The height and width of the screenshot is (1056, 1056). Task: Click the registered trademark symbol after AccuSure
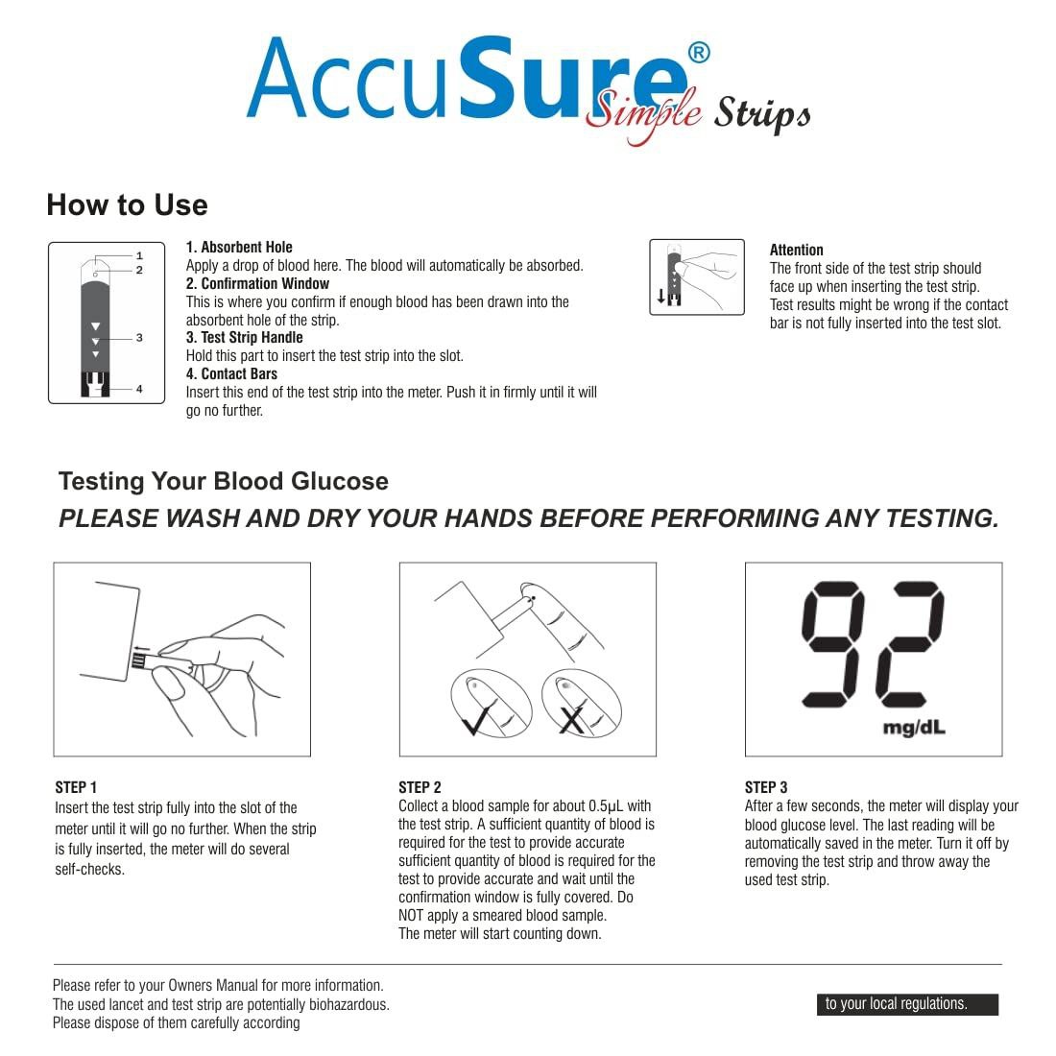click(x=699, y=53)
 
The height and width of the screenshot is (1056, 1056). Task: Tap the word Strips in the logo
click(x=761, y=114)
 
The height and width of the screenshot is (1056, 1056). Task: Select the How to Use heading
click(x=127, y=204)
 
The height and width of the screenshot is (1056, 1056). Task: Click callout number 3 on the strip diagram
click(x=139, y=338)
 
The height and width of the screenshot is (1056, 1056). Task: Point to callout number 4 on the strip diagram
click(x=139, y=389)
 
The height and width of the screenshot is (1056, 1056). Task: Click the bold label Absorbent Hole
click(x=239, y=247)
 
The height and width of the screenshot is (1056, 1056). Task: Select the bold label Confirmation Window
click(x=257, y=283)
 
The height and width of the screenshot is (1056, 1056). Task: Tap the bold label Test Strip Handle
click(x=244, y=337)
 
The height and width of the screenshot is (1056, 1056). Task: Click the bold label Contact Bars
click(x=231, y=373)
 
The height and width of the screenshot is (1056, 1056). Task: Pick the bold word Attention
click(x=796, y=250)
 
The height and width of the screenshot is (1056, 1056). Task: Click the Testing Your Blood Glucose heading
click(x=223, y=481)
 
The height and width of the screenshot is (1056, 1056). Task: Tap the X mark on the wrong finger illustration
click(x=572, y=720)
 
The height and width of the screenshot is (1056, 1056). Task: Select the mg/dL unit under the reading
click(x=913, y=728)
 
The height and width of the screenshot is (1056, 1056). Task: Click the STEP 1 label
click(x=76, y=787)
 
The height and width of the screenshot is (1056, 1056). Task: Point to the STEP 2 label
click(x=420, y=787)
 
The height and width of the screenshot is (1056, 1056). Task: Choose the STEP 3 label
click(x=766, y=787)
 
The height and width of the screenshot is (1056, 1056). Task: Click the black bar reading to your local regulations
click(x=907, y=1004)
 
